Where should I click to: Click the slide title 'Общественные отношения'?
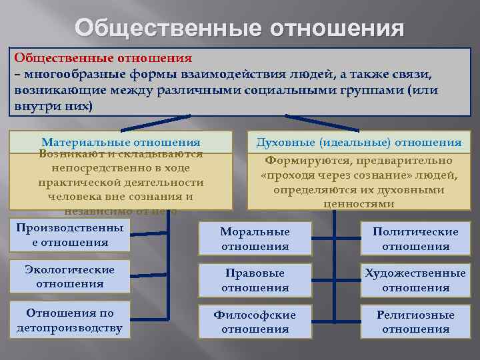[x=239, y=28]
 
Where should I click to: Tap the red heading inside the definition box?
[x=103, y=59]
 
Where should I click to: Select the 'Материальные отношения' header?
[x=121, y=142]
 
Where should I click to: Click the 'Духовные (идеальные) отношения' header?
[x=359, y=142]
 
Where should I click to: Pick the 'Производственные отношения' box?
[x=69, y=235]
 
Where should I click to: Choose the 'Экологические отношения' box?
[x=69, y=277]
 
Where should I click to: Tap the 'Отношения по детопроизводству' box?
[x=69, y=320]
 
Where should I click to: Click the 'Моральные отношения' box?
[x=255, y=239]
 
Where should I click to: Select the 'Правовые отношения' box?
[x=255, y=281]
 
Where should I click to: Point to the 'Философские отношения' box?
[x=255, y=322]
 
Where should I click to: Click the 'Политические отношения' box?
[x=415, y=239]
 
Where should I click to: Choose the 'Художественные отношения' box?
[x=415, y=281]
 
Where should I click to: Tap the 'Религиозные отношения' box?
[x=415, y=322]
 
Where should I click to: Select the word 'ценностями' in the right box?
[x=359, y=204]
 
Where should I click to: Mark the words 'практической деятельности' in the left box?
[x=121, y=183]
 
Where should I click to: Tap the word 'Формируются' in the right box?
[x=304, y=161]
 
